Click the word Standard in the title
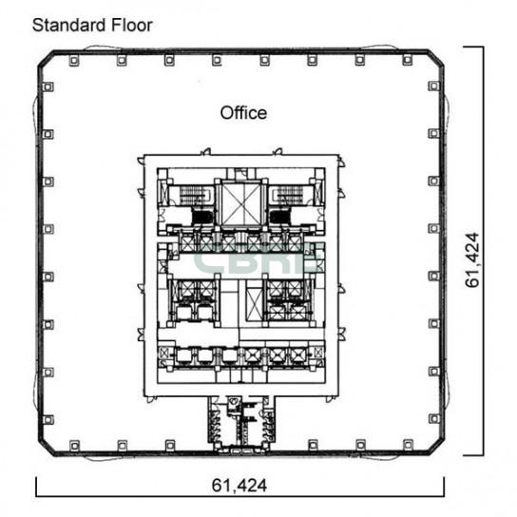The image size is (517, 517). coord(69,25)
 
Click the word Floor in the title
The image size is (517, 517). coord(132,25)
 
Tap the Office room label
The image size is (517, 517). coord(243,113)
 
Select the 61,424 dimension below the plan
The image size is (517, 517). coord(239,486)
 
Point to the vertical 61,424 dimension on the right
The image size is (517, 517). coord(471,259)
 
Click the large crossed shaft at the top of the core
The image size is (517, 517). coord(241,203)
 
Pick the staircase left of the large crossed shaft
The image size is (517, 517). coord(194,195)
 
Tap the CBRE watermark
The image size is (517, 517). coord(258,259)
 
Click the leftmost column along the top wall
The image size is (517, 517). coord(74,60)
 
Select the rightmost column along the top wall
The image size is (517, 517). coord(408,60)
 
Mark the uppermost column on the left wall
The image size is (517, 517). coord(48,87)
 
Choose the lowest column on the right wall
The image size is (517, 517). coord(433,419)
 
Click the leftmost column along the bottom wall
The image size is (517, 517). coord(75,446)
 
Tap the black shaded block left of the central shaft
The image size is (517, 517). coord(202,218)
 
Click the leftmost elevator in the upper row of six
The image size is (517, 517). coord(187,243)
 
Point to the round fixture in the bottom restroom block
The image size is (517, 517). coord(233,402)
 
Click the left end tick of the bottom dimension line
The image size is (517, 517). coord(36,487)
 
